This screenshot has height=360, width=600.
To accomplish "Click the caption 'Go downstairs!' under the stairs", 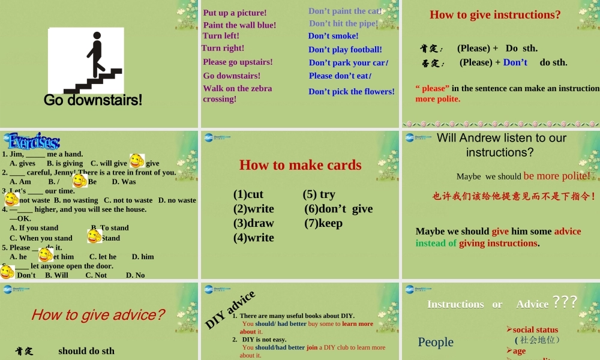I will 93,100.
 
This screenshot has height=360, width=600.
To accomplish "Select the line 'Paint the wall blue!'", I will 239,25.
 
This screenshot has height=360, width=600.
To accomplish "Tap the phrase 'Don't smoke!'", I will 333,36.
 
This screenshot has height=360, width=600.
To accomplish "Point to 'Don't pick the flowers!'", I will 352,92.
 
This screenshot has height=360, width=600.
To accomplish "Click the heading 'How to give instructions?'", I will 495,14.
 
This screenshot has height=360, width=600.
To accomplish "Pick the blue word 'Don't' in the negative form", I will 515,62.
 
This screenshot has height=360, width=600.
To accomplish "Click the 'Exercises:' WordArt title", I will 34,142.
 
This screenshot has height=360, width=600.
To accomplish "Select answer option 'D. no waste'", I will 177,200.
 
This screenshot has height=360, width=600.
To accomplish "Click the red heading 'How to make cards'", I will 300,165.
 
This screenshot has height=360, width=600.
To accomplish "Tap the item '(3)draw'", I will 254,223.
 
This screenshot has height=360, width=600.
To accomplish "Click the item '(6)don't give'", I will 338,209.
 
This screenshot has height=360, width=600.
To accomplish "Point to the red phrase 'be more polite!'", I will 557,176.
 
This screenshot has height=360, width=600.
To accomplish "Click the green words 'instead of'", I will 436,243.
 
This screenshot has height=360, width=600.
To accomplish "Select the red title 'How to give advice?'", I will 98,314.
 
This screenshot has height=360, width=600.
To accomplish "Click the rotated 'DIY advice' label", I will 230,310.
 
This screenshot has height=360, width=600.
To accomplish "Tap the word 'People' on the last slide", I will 436,342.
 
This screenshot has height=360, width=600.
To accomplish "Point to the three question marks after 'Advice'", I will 565,302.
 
